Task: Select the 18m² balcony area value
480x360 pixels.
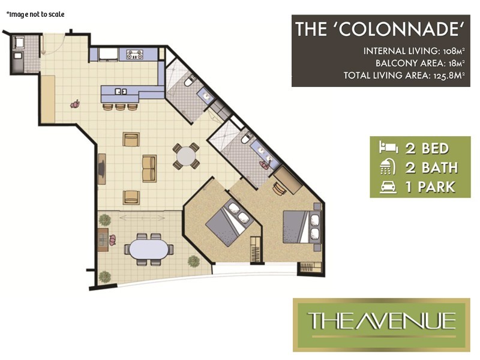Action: coord(454,63)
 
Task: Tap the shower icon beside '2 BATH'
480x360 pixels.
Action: coord(384,167)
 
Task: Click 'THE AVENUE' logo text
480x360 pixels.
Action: coord(382,320)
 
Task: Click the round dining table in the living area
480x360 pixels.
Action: coord(186,155)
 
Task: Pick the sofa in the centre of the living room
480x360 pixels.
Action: coord(148,167)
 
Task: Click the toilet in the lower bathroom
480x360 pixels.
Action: coord(245,139)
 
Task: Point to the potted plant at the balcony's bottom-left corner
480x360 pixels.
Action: coord(104,277)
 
